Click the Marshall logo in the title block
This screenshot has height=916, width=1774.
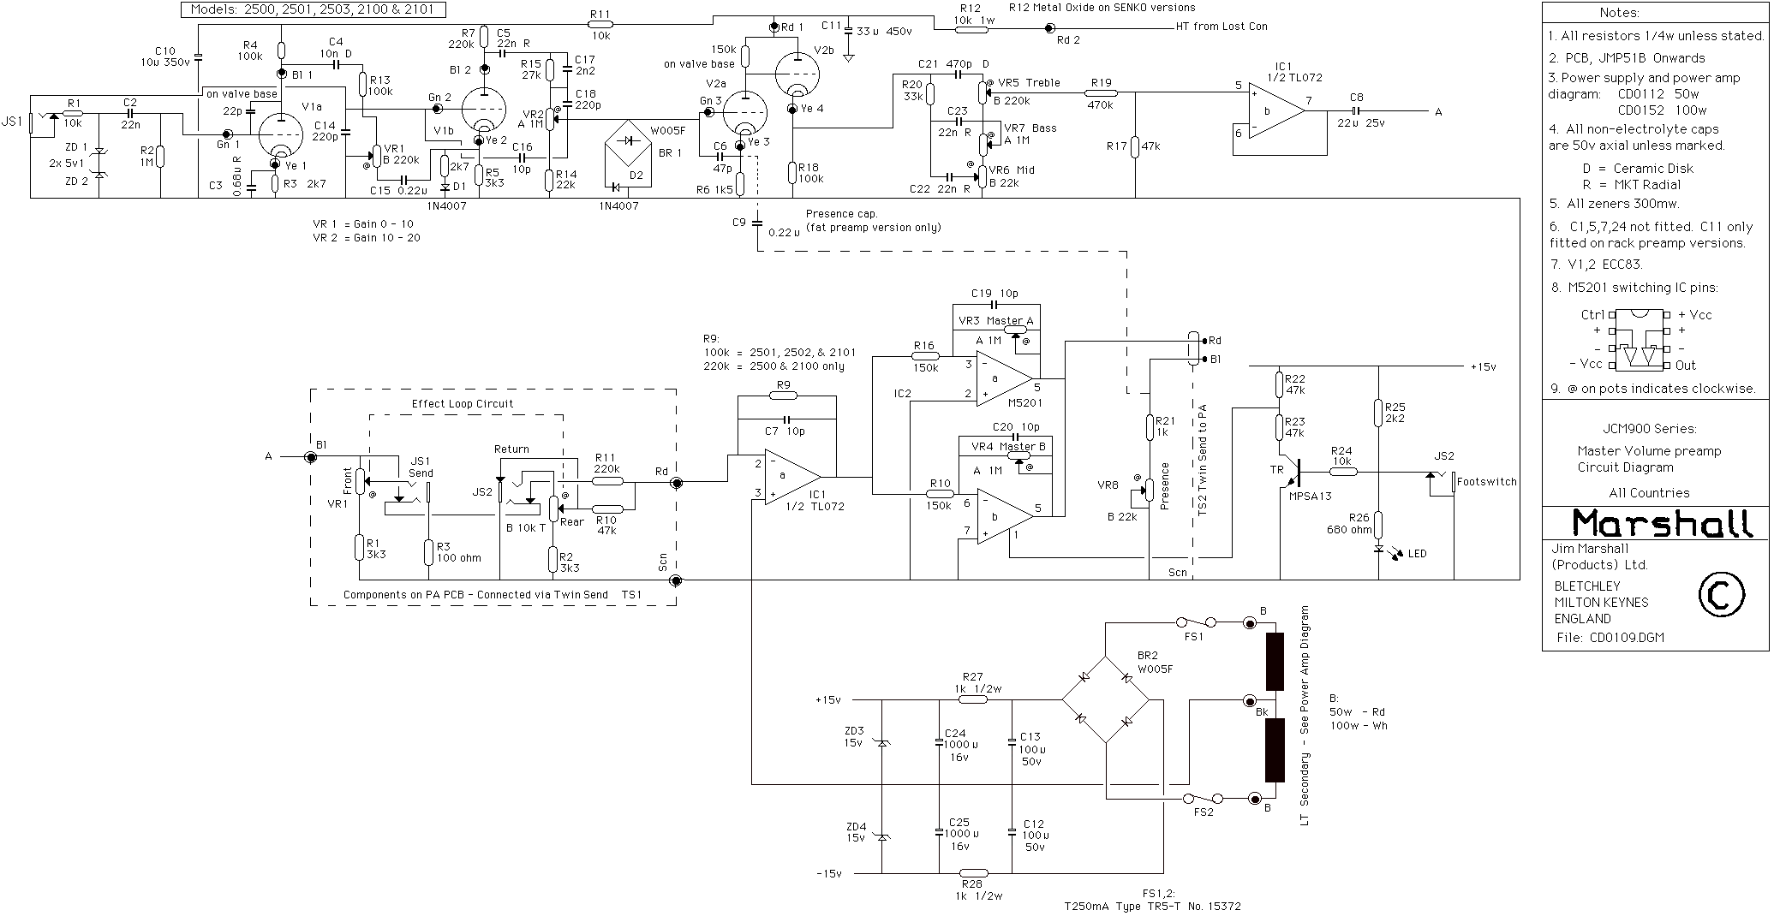coord(1655,522)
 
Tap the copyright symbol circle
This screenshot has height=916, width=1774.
coord(1719,596)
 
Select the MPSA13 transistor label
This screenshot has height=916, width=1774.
coord(1310,495)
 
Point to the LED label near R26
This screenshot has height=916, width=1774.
coord(1418,554)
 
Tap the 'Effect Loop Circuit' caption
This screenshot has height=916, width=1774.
coord(463,403)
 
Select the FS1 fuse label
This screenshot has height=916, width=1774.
coord(1194,637)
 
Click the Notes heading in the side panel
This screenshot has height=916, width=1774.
coord(1619,13)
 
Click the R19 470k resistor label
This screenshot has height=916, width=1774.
coord(1100,94)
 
